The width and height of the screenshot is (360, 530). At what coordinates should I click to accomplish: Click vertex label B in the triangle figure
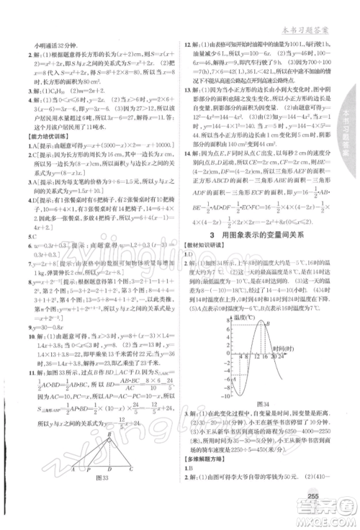pyautogui.click(x=107, y=457)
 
